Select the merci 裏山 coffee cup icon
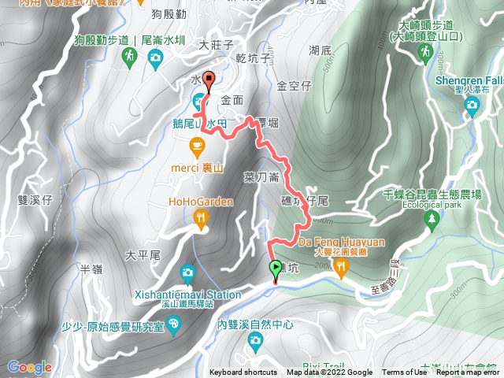pos(197,144)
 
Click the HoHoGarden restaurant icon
pos(202,219)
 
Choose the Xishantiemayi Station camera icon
pos(187,274)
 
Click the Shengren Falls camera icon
pos(472,107)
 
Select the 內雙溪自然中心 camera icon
pos(255,340)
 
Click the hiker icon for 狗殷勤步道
pos(128,57)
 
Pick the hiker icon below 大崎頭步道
pos(425,53)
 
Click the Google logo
pos(29,367)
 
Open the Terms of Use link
pos(405,372)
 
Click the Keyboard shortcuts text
pos(243,372)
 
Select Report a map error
pos(468,372)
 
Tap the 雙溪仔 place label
pos(35,200)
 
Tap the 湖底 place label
pos(321,50)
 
